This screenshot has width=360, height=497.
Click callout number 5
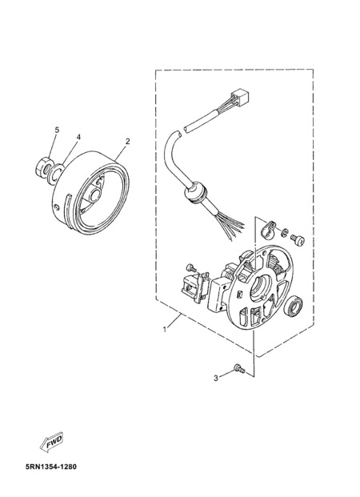(x=57, y=130)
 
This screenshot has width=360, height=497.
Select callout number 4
(x=78, y=137)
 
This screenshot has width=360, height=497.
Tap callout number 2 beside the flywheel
(x=127, y=142)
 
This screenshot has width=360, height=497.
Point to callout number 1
(x=165, y=330)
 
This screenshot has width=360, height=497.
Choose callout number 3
(x=216, y=378)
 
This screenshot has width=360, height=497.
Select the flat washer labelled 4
(x=55, y=174)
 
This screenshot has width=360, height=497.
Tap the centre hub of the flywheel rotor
(x=94, y=195)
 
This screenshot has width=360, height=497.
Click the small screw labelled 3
(x=239, y=368)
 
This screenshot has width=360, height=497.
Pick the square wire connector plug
(x=240, y=97)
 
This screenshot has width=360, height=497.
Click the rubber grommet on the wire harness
(x=195, y=192)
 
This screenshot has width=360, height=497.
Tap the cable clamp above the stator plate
(x=266, y=228)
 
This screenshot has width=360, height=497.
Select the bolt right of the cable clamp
(x=298, y=239)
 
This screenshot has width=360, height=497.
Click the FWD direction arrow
(x=51, y=442)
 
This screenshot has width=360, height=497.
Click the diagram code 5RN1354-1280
(x=51, y=467)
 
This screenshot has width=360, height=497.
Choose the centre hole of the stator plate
(x=261, y=287)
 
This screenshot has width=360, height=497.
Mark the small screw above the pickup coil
(x=191, y=267)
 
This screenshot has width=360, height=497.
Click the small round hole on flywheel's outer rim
(x=57, y=207)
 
